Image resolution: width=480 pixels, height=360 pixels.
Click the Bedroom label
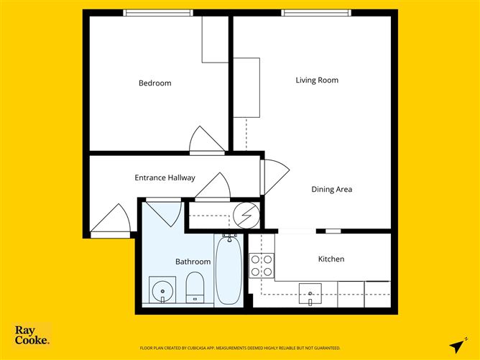(x=155, y=83)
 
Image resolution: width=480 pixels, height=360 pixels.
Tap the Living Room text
(x=317, y=80)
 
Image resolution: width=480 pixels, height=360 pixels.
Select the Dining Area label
(x=331, y=189)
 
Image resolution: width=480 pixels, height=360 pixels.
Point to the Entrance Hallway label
(x=165, y=177)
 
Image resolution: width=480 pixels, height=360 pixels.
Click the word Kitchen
(x=331, y=259)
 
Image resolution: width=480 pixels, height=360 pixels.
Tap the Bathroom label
(x=193, y=262)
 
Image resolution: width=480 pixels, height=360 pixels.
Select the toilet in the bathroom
(x=195, y=287)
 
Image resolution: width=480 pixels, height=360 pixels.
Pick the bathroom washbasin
(x=162, y=290)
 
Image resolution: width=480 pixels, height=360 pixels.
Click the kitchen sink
(x=310, y=294)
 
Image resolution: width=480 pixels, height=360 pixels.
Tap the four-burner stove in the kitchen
(x=262, y=266)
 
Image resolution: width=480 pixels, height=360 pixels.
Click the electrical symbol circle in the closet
(x=246, y=215)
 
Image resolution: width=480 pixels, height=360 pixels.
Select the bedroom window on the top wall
(x=158, y=13)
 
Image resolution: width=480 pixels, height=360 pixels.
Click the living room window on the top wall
(x=316, y=13)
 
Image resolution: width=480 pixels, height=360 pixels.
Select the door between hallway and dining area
(x=274, y=177)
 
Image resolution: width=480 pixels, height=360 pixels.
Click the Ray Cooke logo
(x=32, y=335)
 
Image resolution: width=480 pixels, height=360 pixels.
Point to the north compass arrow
(x=458, y=345)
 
